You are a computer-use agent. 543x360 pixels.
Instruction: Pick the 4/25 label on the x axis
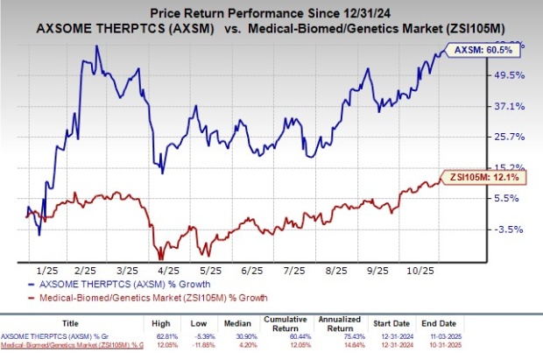point(169,272)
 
